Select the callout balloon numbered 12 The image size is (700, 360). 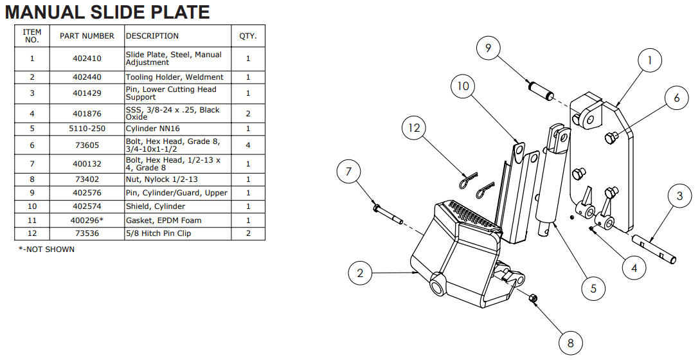click(x=414, y=129)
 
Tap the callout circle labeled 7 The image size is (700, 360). click(x=349, y=172)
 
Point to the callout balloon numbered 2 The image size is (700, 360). click(x=360, y=273)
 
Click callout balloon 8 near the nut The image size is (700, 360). click(x=570, y=342)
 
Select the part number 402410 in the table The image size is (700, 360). click(x=87, y=59)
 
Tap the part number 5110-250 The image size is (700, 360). click(x=87, y=129)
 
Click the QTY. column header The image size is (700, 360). click(x=247, y=36)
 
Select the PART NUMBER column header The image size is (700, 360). click(x=87, y=36)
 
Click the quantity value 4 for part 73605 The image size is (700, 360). click(x=248, y=145)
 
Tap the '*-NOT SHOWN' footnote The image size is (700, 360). click(x=46, y=249)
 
